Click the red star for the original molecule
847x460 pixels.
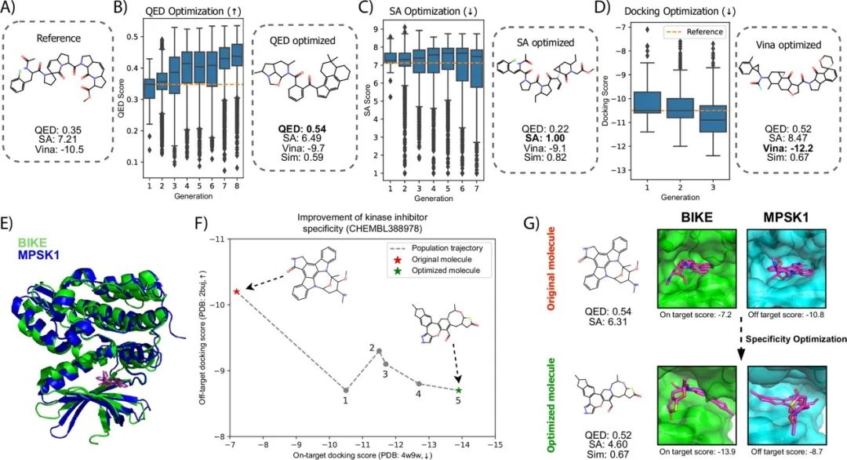click(236, 291)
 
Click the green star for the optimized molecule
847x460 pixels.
click(459, 389)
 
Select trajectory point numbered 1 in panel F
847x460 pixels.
click(347, 389)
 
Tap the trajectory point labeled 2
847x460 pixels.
click(380, 351)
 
